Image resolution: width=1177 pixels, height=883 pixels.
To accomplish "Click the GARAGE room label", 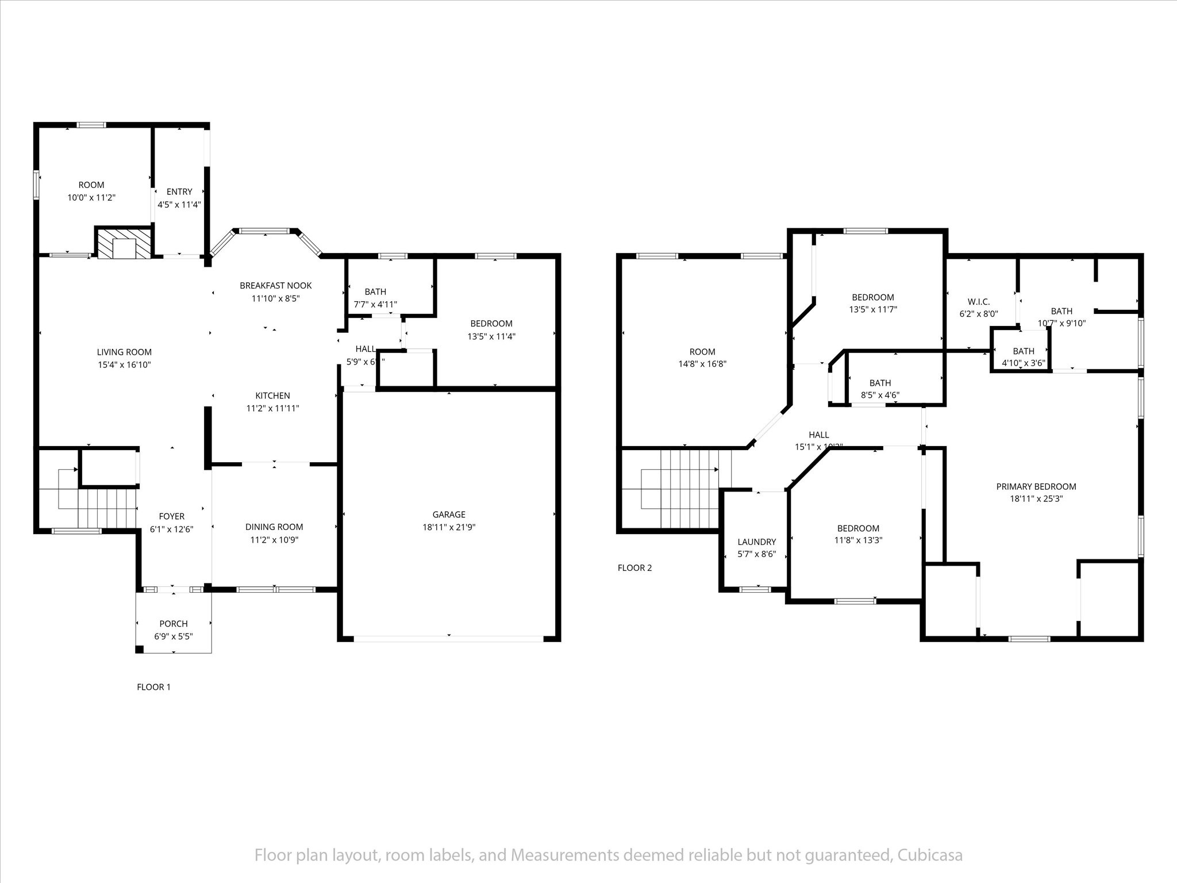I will coord(449,515).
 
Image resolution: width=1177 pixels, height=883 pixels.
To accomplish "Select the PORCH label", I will coord(173,624).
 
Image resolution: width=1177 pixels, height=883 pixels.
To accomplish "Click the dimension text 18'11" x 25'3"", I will coord(1036,499).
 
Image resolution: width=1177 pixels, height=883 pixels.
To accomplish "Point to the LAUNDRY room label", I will coord(756,542).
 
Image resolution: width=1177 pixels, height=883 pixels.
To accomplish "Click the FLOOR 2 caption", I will coord(634,568).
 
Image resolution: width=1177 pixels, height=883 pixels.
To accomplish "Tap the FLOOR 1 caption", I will coord(153,687).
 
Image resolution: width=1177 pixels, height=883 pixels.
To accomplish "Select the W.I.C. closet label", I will coord(978,302).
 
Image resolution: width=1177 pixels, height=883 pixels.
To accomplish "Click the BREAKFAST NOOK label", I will coord(275,285).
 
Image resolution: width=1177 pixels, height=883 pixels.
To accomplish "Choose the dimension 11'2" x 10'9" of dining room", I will coord(274,540).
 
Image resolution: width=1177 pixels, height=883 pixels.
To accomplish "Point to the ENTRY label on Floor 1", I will coord(179,191).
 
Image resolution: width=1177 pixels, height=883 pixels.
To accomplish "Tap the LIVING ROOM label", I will coord(124,352).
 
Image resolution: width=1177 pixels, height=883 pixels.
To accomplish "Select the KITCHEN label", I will coord(272,396).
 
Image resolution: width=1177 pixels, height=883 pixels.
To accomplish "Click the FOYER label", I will coord(171,516).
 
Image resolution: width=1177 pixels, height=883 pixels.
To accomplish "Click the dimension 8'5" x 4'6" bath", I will coord(880,395).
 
